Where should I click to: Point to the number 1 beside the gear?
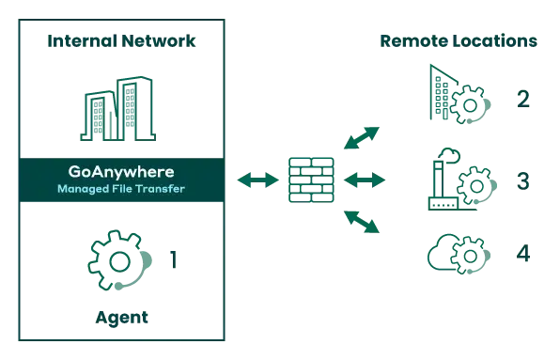coord(170,256)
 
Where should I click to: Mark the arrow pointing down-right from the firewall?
coord(363,220)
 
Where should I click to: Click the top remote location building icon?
coord(455,95)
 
